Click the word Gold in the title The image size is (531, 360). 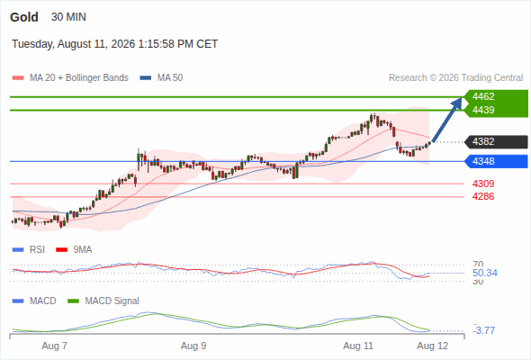pyautogui.click(x=24, y=17)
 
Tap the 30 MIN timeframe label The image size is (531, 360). pyautogui.click(x=68, y=17)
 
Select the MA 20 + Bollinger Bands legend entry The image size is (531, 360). pyautogui.click(x=70, y=78)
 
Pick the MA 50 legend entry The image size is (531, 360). pyautogui.click(x=161, y=78)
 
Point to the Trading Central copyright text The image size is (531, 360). pyautogui.click(x=455, y=78)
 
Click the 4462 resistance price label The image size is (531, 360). pyautogui.click(x=483, y=96)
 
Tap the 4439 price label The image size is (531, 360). pyautogui.click(x=483, y=110)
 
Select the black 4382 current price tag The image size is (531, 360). pyautogui.click(x=496, y=141)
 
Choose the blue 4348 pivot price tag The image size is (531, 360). pyautogui.click(x=496, y=161)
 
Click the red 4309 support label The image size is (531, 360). pyautogui.click(x=483, y=184)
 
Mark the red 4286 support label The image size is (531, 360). pyautogui.click(x=483, y=196)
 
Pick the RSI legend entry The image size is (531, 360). pyautogui.click(x=29, y=249)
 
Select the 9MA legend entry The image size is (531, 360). pyautogui.click(x=74, y=249)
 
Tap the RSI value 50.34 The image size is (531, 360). pyautogui.click(x=485, y=273)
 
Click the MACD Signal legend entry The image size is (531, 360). pyautogui.click(x=103, y=301)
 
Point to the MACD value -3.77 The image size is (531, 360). pyautogui.click(x=484, y=330)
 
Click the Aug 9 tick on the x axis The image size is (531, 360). pyautogui.click(x=193, y=346)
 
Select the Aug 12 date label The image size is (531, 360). pyautogui.click(x=433, y=346)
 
